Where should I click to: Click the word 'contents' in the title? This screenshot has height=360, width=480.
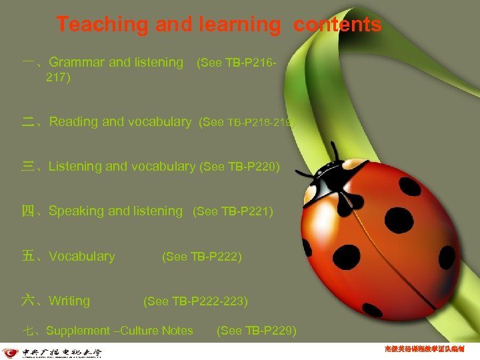338,25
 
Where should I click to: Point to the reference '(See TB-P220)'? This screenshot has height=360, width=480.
240,167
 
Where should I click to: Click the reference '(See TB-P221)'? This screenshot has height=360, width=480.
233,212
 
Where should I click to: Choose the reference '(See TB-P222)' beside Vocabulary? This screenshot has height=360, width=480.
202,257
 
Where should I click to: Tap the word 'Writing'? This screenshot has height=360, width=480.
69,301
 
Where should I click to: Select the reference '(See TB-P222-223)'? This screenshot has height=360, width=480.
195,301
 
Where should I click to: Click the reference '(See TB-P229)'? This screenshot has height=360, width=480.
257,331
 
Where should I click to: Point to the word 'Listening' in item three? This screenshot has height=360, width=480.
75,167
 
